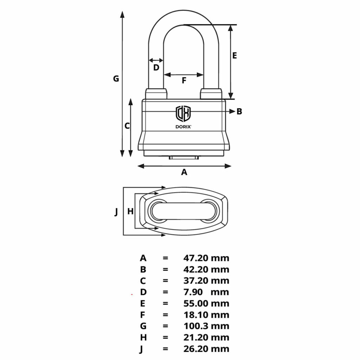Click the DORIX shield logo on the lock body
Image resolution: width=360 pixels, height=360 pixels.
point(183,113)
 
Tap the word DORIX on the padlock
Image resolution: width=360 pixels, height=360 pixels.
point(183,127)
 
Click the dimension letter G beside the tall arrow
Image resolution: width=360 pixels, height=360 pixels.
point(116,78)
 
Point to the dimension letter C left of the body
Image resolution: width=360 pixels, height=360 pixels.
point(128,126)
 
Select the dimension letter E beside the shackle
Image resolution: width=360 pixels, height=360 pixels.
point(235,55)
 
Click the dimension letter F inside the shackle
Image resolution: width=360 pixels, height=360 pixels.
point(184,81)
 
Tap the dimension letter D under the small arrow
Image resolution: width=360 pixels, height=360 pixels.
point(156,67)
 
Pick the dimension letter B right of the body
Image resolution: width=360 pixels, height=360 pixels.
point(239,111)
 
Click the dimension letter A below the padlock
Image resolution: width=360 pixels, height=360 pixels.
point(184,172)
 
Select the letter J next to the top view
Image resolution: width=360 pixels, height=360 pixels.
point(116,212)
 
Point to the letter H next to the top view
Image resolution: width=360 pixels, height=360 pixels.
point(130,212)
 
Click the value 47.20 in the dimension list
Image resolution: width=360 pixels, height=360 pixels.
point(196,258)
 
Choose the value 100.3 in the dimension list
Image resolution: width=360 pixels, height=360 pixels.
point(196,326)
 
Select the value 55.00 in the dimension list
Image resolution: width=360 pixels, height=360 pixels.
point(196,303)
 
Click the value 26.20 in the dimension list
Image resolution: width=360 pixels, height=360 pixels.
point(196,349)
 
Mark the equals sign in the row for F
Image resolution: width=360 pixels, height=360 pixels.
point(166,315)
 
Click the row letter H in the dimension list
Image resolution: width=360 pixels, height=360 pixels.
point(143,337)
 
